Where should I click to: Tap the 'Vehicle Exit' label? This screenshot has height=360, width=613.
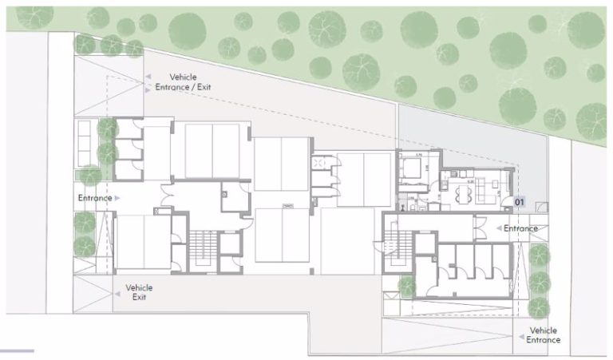139,292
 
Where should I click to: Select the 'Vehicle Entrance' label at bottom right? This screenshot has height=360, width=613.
543,335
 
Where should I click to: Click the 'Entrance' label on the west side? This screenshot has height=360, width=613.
93,197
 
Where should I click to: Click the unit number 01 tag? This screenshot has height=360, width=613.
518,203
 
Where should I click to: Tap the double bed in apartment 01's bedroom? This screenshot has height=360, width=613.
414,168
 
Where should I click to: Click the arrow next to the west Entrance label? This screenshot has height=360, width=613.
117,197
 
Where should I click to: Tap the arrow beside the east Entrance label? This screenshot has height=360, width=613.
497,229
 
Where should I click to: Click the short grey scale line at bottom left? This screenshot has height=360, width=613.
17,351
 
